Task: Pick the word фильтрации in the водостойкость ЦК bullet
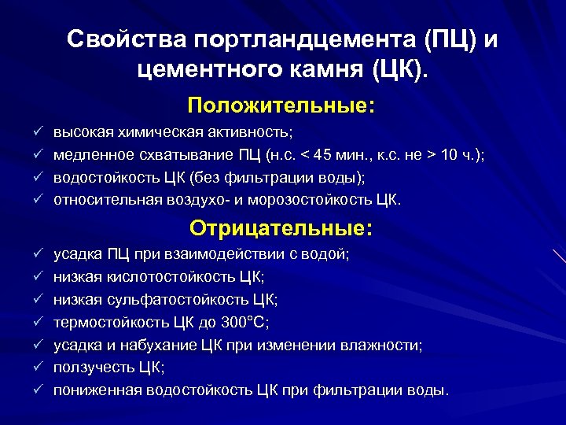(x=279, y=178)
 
